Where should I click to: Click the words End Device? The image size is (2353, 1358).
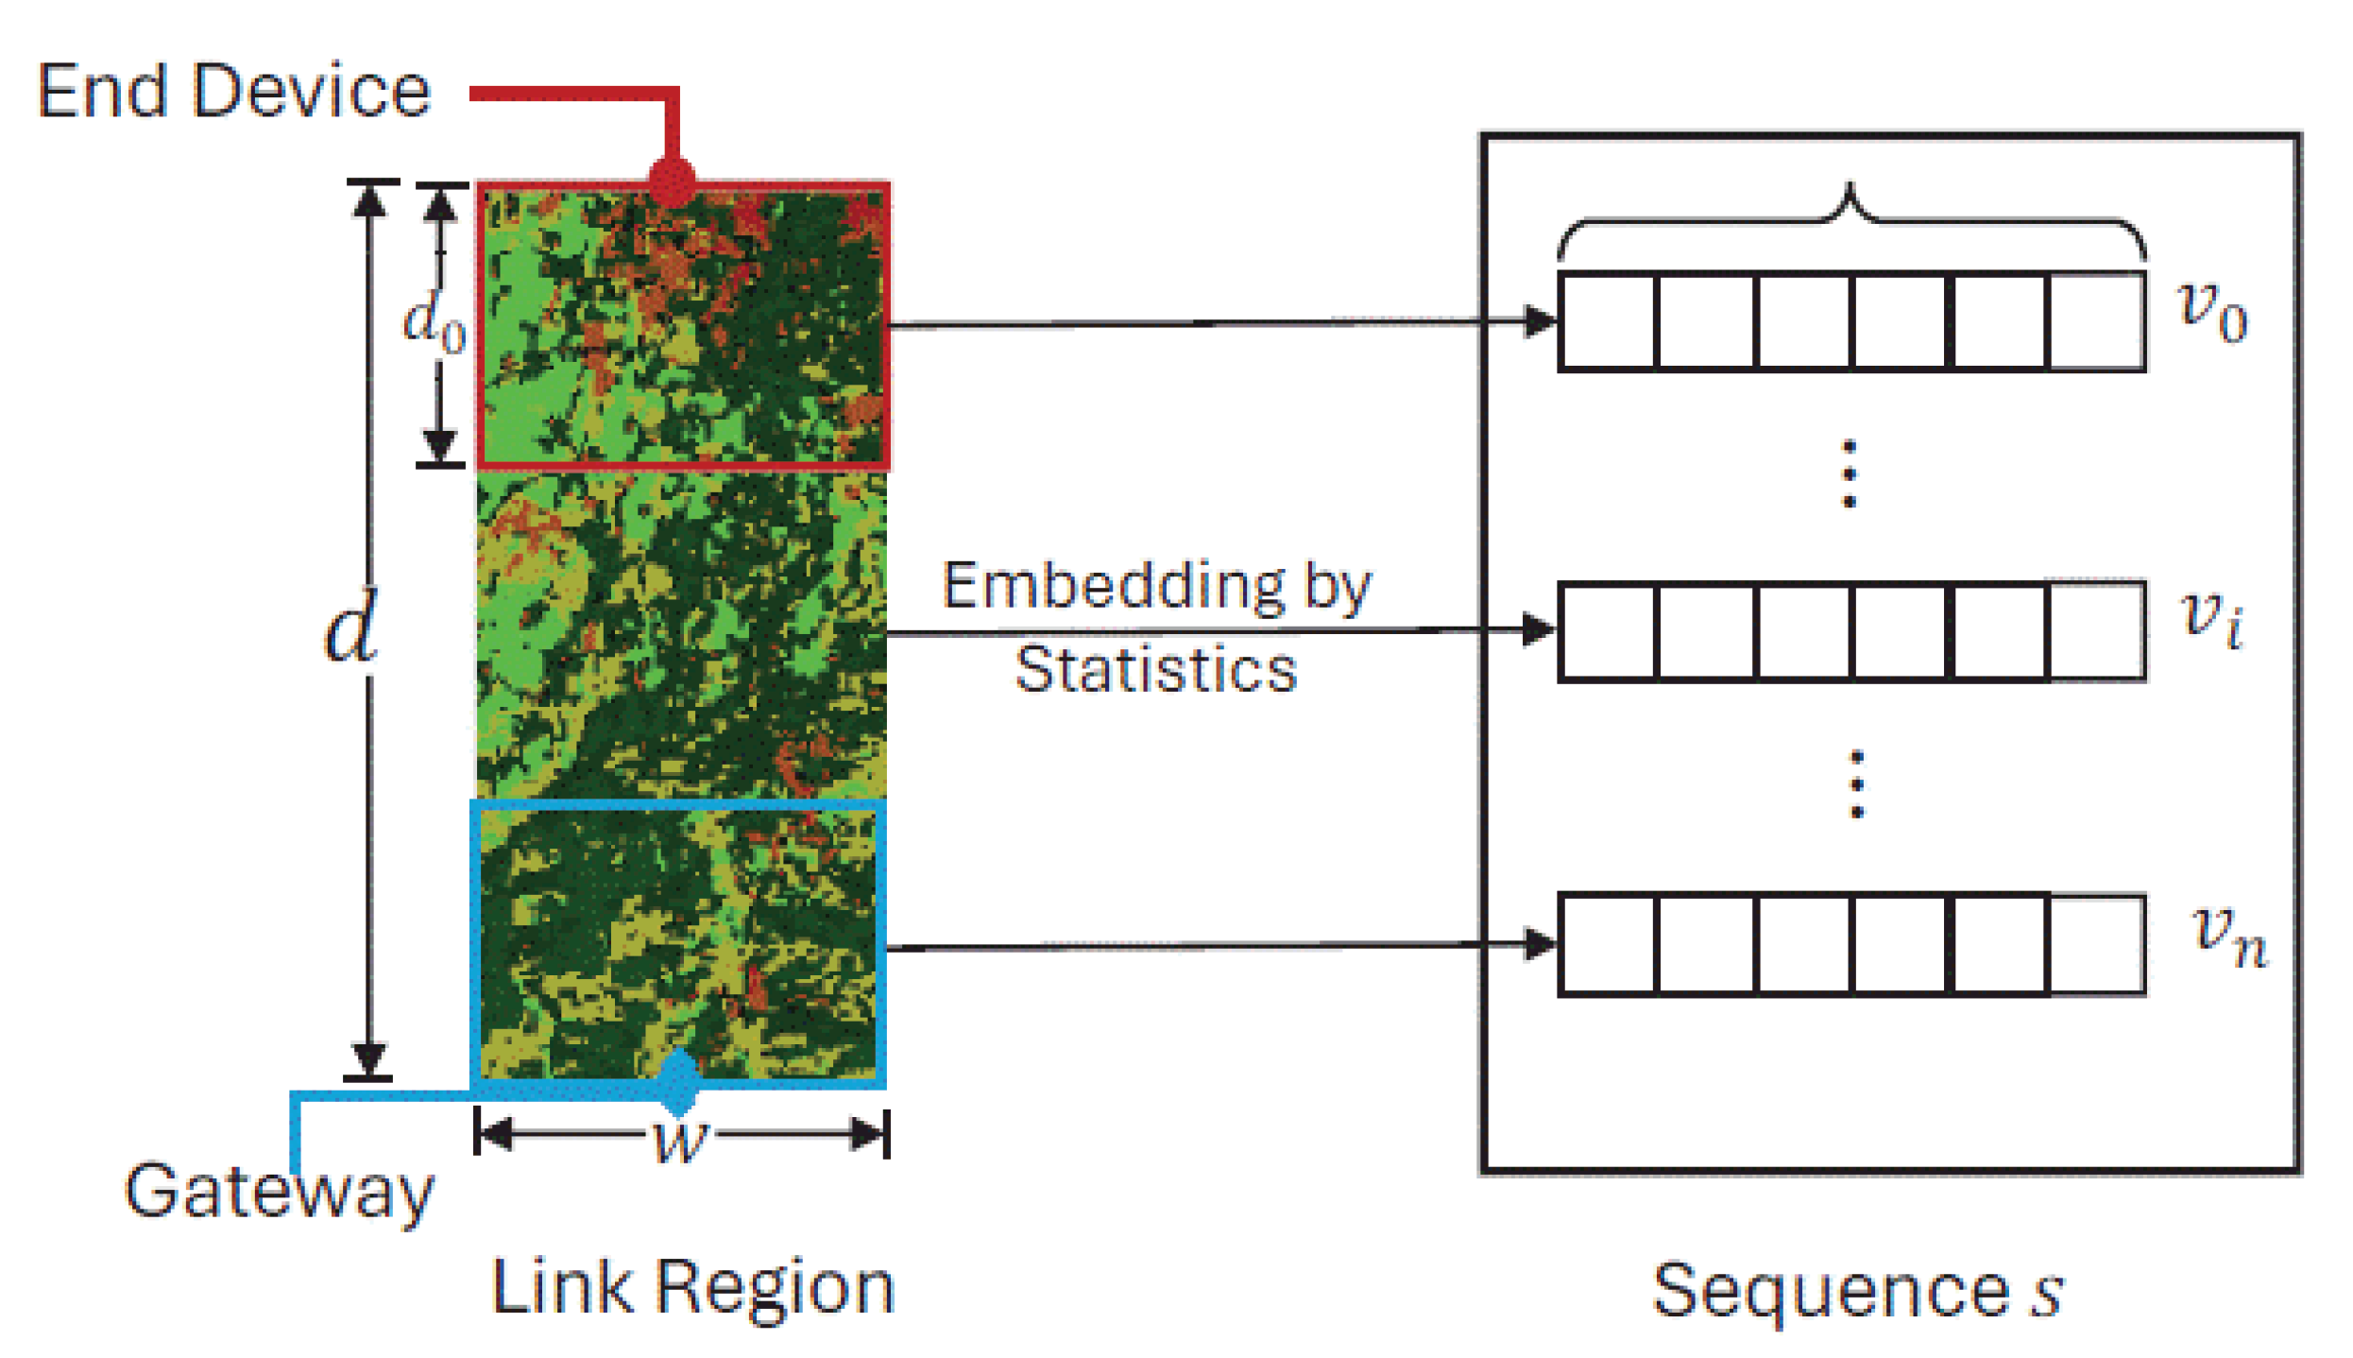coord(233,92)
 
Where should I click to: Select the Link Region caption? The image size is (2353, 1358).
coord(692,1288)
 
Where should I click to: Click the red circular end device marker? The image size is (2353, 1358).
coord(673,180)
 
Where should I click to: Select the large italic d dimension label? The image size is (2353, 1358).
coord(351,626)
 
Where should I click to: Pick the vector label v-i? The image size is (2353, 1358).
coord(2211,619)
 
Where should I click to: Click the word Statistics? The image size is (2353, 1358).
coord(1155,669)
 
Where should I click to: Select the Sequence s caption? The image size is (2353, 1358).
coord(1857,1290)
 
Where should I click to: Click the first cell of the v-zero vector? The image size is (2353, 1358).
coord(1609,322)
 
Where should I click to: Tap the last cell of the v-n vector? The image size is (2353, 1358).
coord(2096,944)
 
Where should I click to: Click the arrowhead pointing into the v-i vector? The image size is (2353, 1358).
coord(1539,629)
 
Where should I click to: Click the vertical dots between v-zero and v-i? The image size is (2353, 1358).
coord(1850,473)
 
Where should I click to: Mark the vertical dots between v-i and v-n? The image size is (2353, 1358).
coord(1856,783)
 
